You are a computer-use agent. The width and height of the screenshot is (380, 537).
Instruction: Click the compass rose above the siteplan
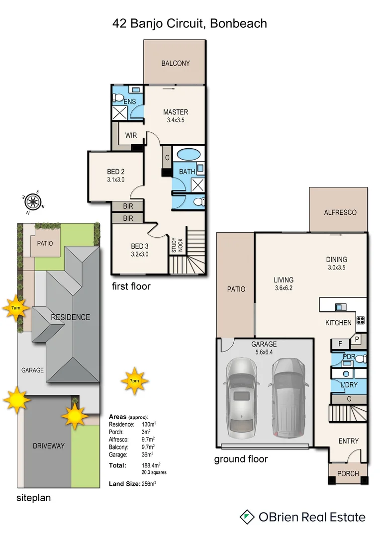pos(33,201)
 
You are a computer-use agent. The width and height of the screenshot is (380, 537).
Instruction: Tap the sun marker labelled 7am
pos(16,308)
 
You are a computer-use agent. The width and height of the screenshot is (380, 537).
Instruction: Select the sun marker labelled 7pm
pos(134,381)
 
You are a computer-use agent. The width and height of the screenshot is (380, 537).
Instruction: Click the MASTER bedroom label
pos(176,112)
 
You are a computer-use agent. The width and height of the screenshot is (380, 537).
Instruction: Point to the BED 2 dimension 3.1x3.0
pos(115,179)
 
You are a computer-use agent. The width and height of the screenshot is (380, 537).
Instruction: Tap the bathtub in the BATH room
pos(189,154)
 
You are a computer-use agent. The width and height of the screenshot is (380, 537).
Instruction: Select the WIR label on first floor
pos(131,135)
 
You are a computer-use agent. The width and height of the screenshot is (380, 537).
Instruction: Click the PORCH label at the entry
pos(348,473)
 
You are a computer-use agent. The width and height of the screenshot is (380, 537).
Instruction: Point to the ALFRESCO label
pos(340,212)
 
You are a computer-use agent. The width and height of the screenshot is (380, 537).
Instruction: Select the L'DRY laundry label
pos(349,385)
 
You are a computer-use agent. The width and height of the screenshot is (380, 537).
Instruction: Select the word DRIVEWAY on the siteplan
pos(49,446)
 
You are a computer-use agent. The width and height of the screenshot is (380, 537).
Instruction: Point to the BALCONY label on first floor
pos(175,63)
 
